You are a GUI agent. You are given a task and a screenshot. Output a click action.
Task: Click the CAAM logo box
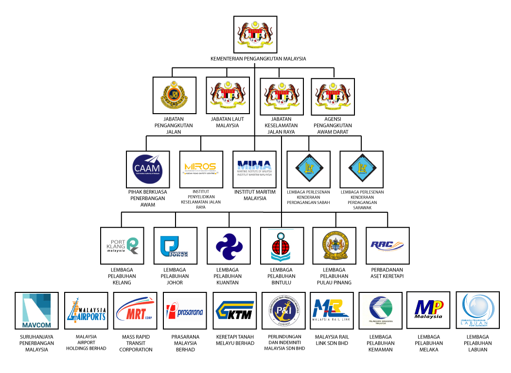tap(148, 170)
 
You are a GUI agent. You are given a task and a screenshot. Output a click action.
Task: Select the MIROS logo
tap(201, 169)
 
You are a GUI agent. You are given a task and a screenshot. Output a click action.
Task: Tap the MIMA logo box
tap(254, 169)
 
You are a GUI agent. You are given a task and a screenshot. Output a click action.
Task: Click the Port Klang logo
tap(122, 246)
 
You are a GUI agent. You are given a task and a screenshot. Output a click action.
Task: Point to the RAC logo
tap(388, 245)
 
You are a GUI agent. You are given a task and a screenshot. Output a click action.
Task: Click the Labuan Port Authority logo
tap(477, 311)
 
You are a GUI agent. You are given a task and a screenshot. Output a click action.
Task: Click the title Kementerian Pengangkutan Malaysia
tap(258, 59)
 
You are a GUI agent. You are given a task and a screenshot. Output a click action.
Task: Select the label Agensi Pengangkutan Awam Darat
tap(333, 125)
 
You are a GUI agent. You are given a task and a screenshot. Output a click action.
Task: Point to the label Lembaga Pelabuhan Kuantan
tap(227, 276)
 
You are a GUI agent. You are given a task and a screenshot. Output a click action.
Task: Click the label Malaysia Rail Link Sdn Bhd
tap(332, 339)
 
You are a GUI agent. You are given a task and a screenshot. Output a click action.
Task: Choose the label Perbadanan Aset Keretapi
tap(388, 273)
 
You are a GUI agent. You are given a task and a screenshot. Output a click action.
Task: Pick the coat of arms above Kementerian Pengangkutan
tap(255, 34)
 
